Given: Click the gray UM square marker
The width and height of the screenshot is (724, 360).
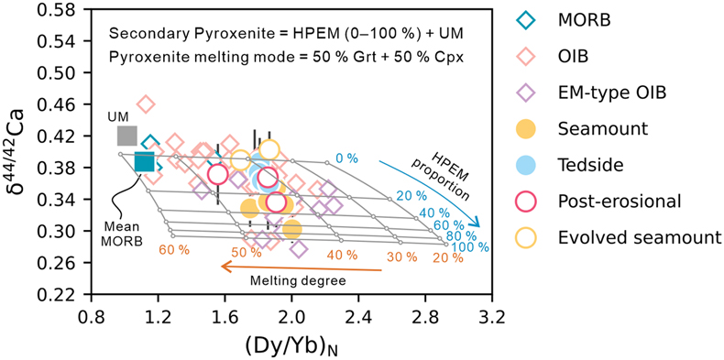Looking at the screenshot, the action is point(127,136).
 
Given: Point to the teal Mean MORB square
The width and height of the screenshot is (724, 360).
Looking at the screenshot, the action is point(145,161).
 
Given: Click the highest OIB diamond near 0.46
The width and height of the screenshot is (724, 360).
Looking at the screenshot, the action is point(146,104).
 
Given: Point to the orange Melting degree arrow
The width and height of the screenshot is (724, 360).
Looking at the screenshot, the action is point(302,267).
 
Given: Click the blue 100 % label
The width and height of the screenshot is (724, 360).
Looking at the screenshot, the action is point(470,247).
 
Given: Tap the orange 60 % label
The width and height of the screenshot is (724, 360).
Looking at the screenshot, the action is point(174,250).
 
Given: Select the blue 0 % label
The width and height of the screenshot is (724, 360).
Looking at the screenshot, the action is point(346,158).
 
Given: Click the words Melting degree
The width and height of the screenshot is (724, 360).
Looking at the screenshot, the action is point(298,280).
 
